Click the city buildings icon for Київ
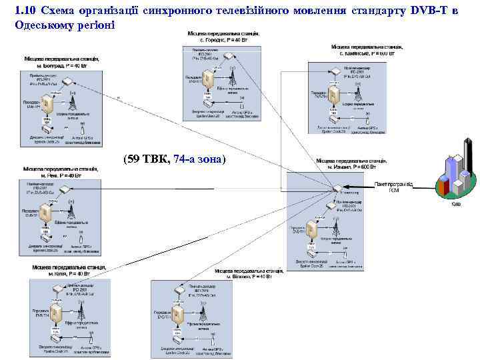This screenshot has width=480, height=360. (x=455, y=175)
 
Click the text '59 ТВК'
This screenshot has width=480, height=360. (x=147, y=159)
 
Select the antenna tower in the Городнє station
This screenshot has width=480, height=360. (x=233, y=78)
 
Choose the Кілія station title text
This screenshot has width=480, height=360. (x=69, y=271)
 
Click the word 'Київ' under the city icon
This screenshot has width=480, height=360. (x=455, y=204)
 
